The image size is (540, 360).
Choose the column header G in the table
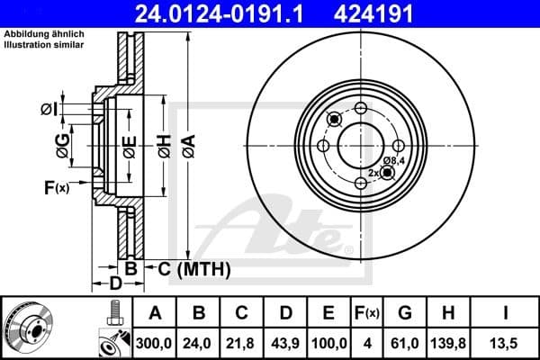pos(405,312)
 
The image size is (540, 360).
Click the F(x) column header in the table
pos(367,312)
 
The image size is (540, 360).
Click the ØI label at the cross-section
pos(49,109)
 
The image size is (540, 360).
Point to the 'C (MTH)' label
pos(194,268)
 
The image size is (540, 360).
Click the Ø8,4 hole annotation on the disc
pos(393,161)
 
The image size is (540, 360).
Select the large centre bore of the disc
pos(360,145)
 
